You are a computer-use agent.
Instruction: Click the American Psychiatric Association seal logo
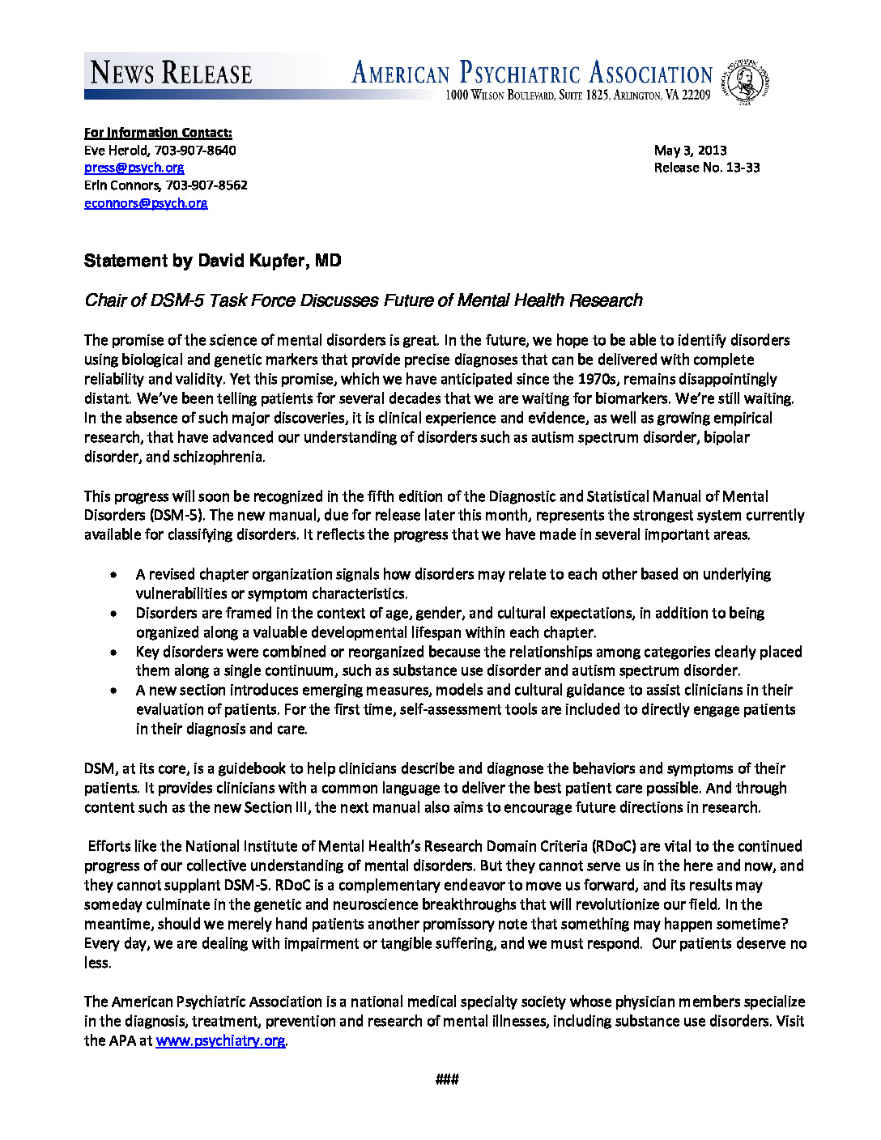(747, 82)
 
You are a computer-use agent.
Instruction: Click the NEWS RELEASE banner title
(172, 73)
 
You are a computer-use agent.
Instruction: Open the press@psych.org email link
(134, 168)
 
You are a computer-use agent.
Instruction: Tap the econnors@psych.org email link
(146, 203)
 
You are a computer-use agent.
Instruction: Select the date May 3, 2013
(690, 150)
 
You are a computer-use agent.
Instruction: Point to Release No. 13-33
(707, 168)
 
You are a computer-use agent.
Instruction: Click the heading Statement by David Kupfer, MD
(213, 261)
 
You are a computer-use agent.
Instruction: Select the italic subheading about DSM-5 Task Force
(364, 300)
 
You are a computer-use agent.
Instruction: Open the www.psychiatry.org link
(220, 1041)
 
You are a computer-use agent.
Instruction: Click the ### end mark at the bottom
(447, 1079)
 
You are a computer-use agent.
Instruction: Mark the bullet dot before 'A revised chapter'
(114, 575)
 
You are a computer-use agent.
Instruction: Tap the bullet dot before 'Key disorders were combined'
(114, 653)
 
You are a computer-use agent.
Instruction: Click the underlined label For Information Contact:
(158, 133)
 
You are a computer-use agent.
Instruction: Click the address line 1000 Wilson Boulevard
(577, 96)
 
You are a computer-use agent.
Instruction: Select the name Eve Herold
(116, 150)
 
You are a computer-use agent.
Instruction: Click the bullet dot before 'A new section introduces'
(114, 691)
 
